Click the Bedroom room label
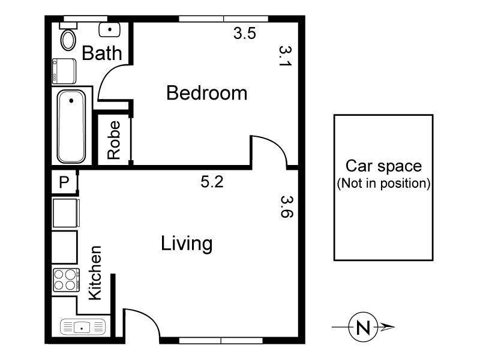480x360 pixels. coord(206,93)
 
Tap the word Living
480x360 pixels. coord(187,244)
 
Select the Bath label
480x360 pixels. coord(102,53)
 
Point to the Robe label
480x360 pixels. coord(114,140)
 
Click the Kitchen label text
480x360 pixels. coord(95,272)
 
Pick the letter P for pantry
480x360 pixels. coord(64,182)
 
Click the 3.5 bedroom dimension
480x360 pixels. coord(245,33)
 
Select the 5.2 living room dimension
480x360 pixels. coord(212,182)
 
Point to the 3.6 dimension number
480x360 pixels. coord(287,206)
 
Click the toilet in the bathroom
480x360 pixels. coord(68,37)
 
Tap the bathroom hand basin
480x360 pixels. coord(110,29)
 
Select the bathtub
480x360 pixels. coord(71,127)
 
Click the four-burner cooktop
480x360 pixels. coord(67,280)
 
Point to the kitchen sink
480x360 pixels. coord(83,327)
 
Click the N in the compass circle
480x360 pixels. coord(363,327)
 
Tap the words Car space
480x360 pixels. coord(383,166)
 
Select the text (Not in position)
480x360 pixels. coord(383,184)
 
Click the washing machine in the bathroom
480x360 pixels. coord(64,71)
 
